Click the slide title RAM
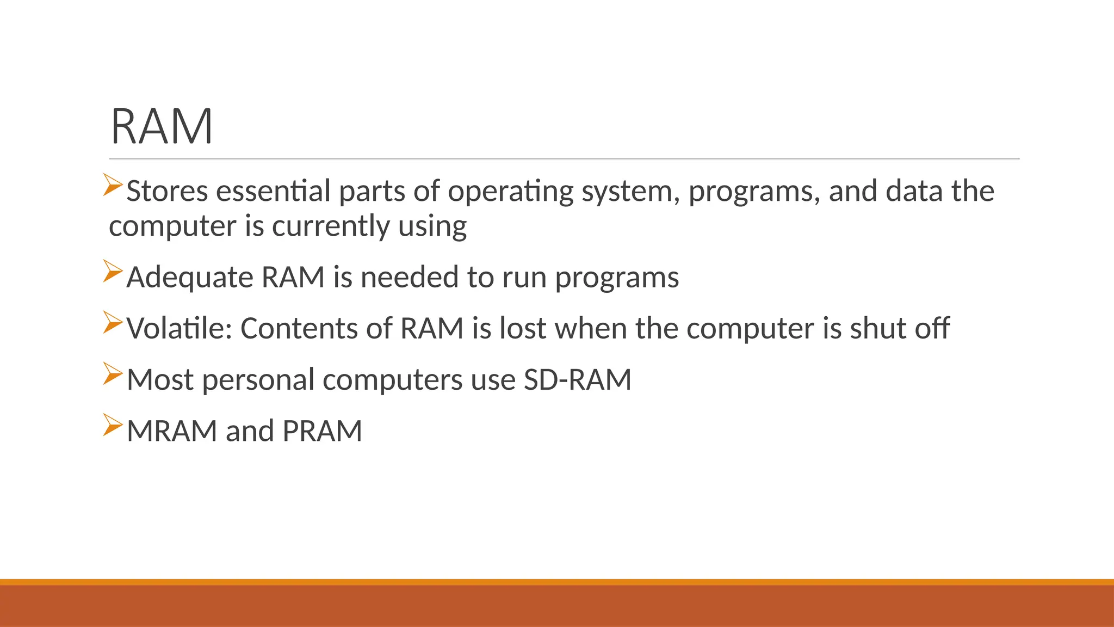[x=162, y=127]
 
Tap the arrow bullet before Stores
[x=113, y=185]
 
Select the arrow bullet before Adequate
[x=113, y=271]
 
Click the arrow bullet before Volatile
[x=113, y=322]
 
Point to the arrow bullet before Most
[x=113, y=374]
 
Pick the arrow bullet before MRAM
[x=113, y=425]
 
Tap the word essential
[x=273, y=192]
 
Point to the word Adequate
[x=190, y=278]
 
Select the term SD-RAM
[x=577, y=380]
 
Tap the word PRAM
[x=322, y=431]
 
